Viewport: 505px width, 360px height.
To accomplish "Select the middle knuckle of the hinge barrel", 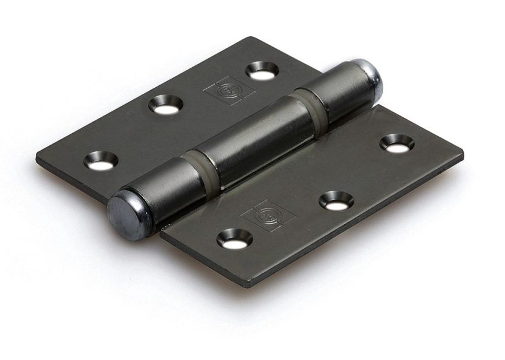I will coord(251,141).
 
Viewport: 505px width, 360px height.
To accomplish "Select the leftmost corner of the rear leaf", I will coord(38,159).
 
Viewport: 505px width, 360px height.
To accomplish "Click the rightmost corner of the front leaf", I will coord(463,154).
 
